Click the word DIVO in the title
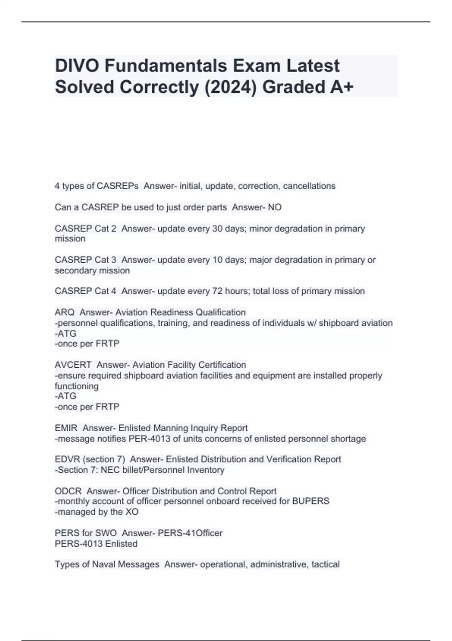77,66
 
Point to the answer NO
275,207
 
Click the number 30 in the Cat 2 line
217,228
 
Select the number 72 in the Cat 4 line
217,291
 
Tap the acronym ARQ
65,313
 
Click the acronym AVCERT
73,365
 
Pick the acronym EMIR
66,428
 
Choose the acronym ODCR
68,491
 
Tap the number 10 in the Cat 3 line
217,260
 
